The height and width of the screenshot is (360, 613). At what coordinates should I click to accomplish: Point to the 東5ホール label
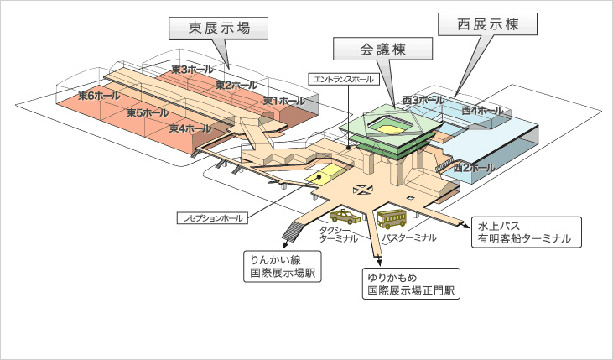click(x=148, y=112)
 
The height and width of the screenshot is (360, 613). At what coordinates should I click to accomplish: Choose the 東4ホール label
click(x=190, y=128)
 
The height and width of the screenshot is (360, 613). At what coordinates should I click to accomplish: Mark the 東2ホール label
click(x=236, y=85)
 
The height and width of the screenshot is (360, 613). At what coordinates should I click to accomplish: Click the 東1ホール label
click(x=283, y=101)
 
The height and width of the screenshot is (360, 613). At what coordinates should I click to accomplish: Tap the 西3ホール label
click(x=423, y=101)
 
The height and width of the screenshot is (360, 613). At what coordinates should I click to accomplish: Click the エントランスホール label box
click(x=345, y=78)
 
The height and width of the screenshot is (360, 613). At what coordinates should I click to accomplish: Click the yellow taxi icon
click(x=345, y=216)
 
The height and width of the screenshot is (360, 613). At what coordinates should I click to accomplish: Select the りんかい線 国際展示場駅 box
click(x=281, y=266)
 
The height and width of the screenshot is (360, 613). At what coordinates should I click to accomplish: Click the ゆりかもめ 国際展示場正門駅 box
click(x=410, y=284)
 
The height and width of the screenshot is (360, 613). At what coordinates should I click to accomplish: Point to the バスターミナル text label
click(x=408, y=237)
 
